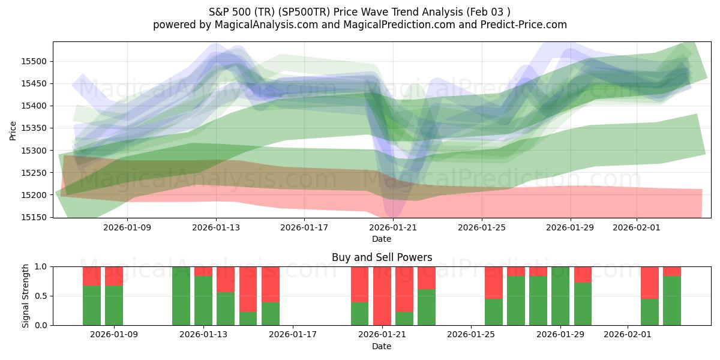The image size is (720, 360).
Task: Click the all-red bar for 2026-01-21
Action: click(x=382, y=296)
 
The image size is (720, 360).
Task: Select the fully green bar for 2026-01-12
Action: click(x=181, y=296)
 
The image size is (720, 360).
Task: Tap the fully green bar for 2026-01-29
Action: click(x=560, y=296)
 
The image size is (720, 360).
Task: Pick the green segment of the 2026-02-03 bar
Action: click(x=672, y=301)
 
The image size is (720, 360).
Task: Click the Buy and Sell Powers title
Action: click(x=382, y=257)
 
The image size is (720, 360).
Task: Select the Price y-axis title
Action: click(x=13, y=130)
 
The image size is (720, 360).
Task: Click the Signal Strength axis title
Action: click(x=25, y=296)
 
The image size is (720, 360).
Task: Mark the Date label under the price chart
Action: click(x=382, y=239)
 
